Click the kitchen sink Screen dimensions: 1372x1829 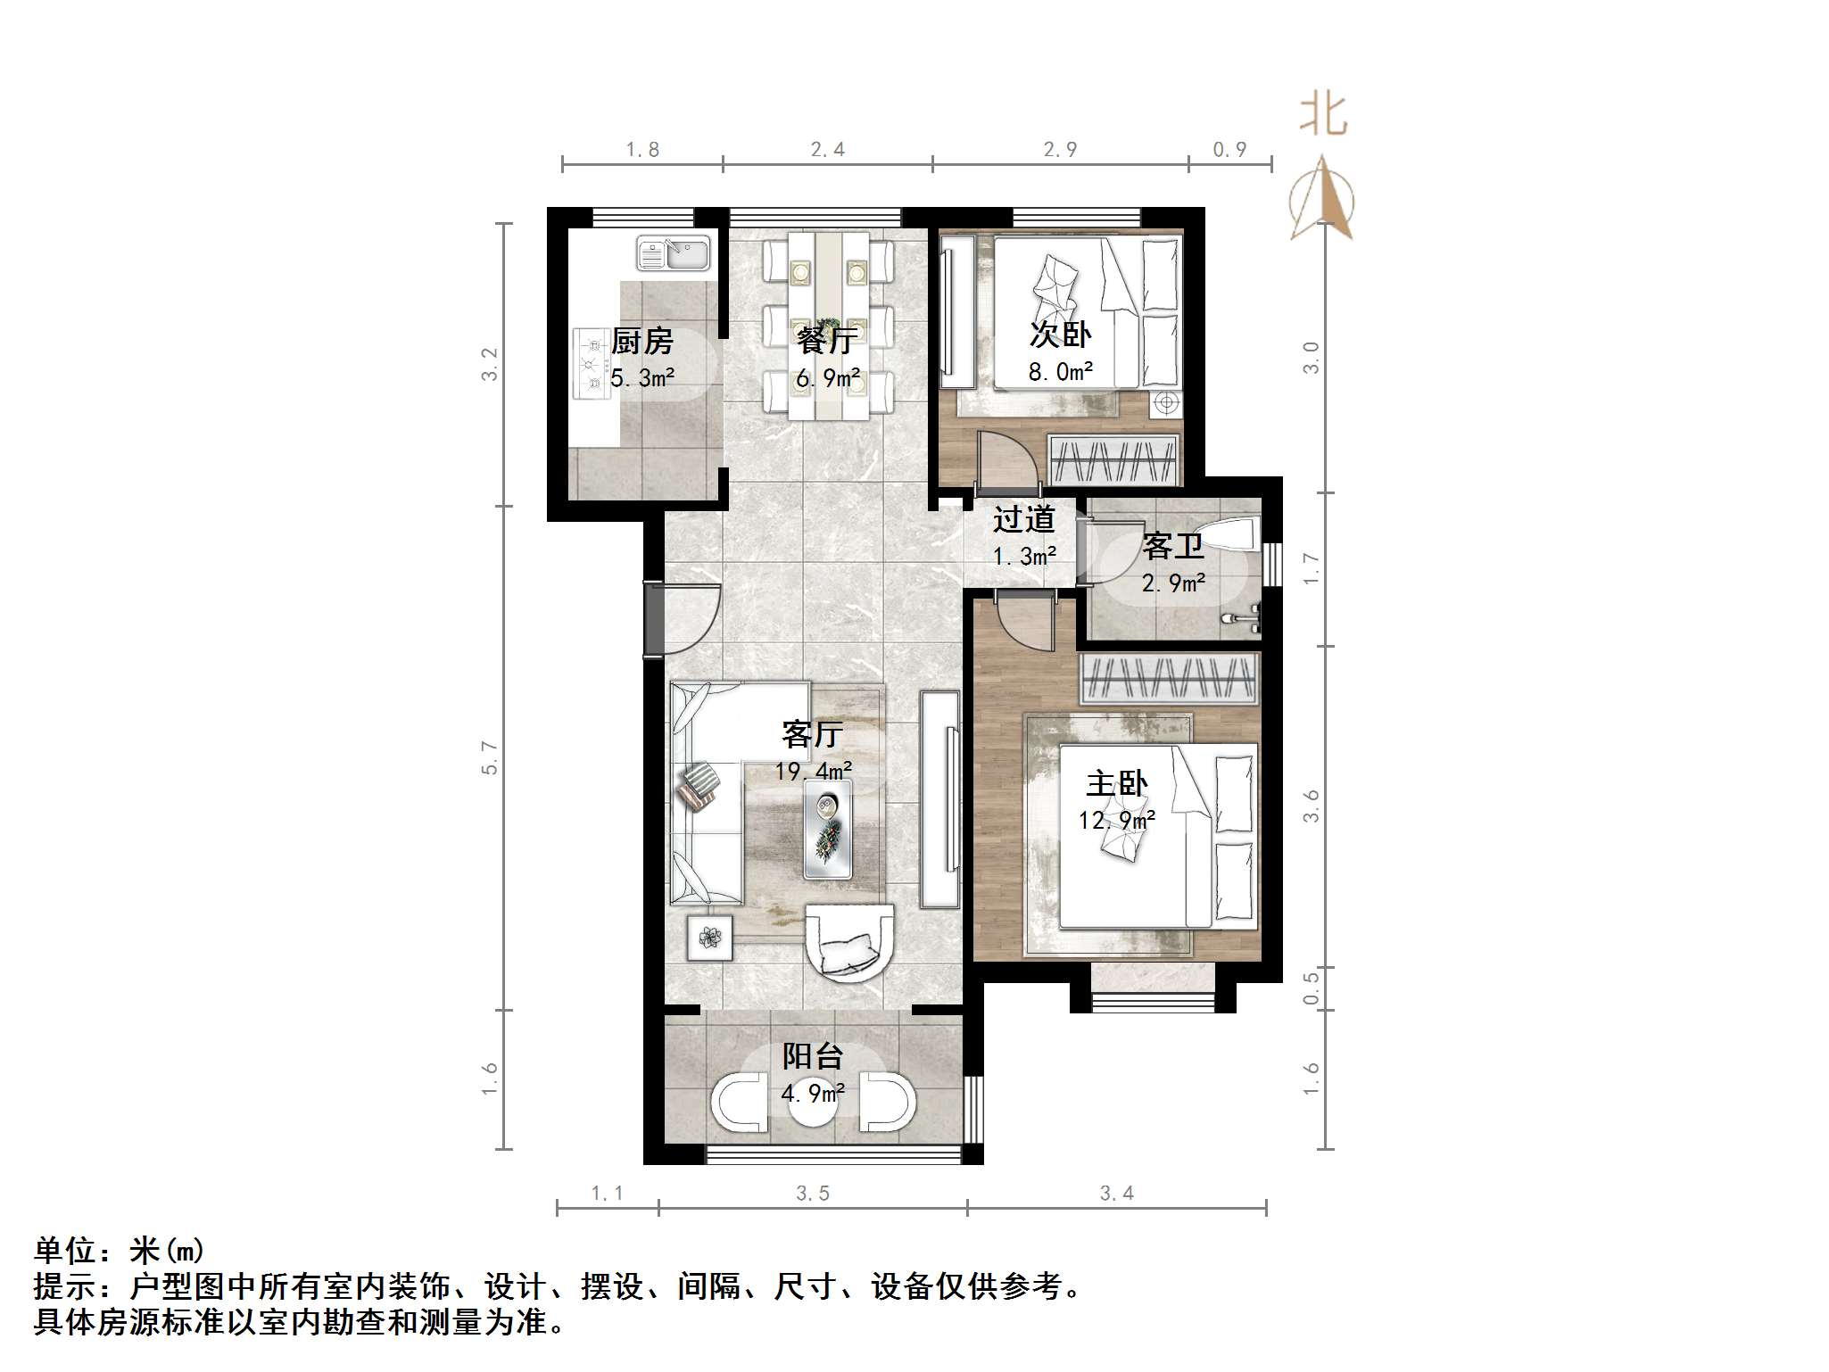[x=674, y=253]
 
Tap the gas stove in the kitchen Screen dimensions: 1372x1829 [x=590, y=363]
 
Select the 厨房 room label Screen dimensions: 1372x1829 [x=642, y=341]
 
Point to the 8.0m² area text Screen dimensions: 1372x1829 [x=1060, y=372]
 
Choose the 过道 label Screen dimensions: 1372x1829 [x=1023, y=519]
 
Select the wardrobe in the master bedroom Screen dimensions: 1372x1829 [x=1169, y=678]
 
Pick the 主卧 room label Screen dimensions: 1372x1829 [x=1116, y=784]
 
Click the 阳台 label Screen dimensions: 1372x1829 [x=812, y=1057]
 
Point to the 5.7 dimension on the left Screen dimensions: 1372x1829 [x=489, y=757]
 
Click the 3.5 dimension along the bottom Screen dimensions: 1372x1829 [x=813, y=1194]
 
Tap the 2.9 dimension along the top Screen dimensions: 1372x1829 [x=1060, y=150]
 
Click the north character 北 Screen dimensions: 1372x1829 [x=1322, y=117]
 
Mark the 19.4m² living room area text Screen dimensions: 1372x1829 [x=813, y=771]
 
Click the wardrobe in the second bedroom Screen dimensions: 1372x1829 [x=1113, y=460]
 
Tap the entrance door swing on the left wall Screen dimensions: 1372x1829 [x=685, y=619]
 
